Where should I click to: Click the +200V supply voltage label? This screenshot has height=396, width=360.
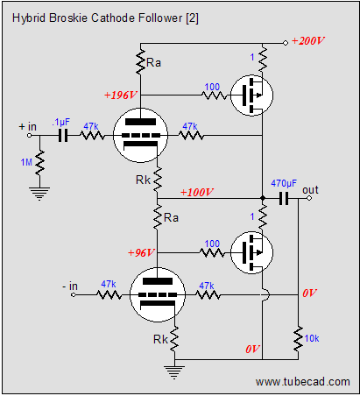click(307, 40)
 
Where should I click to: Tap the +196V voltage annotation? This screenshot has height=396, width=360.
click(120, 95)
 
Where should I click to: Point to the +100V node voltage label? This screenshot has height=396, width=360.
click(197, 192)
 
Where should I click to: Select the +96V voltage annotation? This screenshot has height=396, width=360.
click(141, 252)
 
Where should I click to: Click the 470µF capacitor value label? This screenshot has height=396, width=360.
click(284, 183)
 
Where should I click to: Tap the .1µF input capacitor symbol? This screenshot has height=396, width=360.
click(63, 136)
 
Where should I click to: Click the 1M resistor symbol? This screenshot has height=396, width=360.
click(40, 163)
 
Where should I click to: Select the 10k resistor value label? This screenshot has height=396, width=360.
click(312, 338)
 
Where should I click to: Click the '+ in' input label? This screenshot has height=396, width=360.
click(28, 126)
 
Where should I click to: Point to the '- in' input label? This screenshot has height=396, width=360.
click(70, 286)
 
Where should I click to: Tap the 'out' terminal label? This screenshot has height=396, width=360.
click(310, 190)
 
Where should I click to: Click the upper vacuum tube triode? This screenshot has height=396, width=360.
click(140, 135)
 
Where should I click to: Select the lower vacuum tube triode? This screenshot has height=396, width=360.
click(158, 294)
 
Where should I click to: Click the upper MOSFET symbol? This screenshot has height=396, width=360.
click(251, 95)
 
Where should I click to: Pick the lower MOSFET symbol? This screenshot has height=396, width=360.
click(251, 252)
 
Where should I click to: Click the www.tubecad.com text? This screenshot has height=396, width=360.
click(303, 381)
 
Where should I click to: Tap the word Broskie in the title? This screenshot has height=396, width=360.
click(68, 18)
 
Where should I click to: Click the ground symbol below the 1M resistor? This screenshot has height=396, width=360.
click(40, 194)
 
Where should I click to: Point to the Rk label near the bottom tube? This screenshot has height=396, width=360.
click(160, 339)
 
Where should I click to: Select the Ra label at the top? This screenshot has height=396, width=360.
click(153, 62)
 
